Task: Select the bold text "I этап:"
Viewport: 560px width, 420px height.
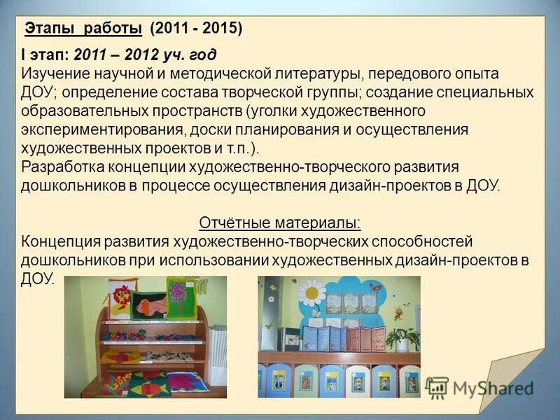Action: tap(45, 55)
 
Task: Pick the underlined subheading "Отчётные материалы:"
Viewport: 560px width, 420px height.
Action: tap(280, 223)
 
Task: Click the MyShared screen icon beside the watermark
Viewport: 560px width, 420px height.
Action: tap(437, 388)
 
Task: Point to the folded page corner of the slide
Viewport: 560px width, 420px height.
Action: tap(514, 378)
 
